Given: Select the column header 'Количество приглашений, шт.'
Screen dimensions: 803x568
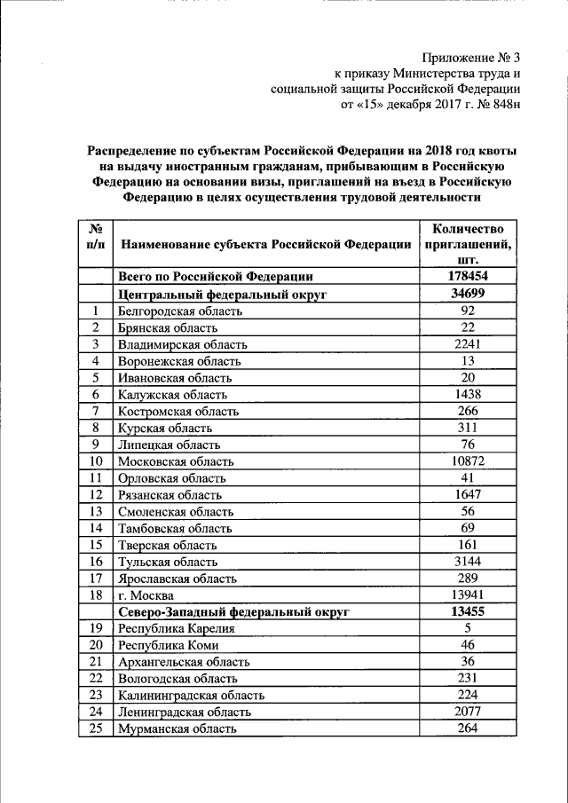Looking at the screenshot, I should tap(469, 243).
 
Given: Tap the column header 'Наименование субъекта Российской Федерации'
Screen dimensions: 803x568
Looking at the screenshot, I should tap(265, 244).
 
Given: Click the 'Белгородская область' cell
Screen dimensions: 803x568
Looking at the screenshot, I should tap(180, 311).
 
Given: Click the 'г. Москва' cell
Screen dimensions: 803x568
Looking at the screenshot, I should tap(148, 595).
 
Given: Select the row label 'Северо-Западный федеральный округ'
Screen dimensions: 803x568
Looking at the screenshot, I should tap(233, 612).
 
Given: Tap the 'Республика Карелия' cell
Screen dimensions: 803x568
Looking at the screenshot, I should tap(176, 629).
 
